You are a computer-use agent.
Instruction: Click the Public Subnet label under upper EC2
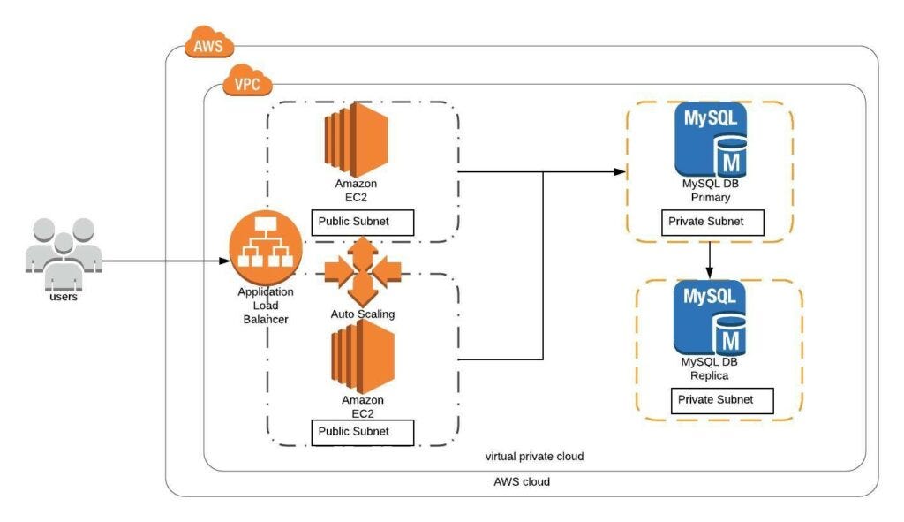[x=363, y=222]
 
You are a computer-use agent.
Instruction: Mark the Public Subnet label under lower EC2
[x=363, y=432]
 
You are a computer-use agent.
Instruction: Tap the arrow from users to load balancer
[x=159, y=261]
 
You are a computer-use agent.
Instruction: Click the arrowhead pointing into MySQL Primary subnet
[x=620, y=171]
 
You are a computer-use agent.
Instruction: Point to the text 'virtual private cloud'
[x=534, y=457]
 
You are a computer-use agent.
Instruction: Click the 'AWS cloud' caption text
[x=522, y=482]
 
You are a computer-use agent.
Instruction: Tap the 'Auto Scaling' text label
[x=363, y=314]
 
